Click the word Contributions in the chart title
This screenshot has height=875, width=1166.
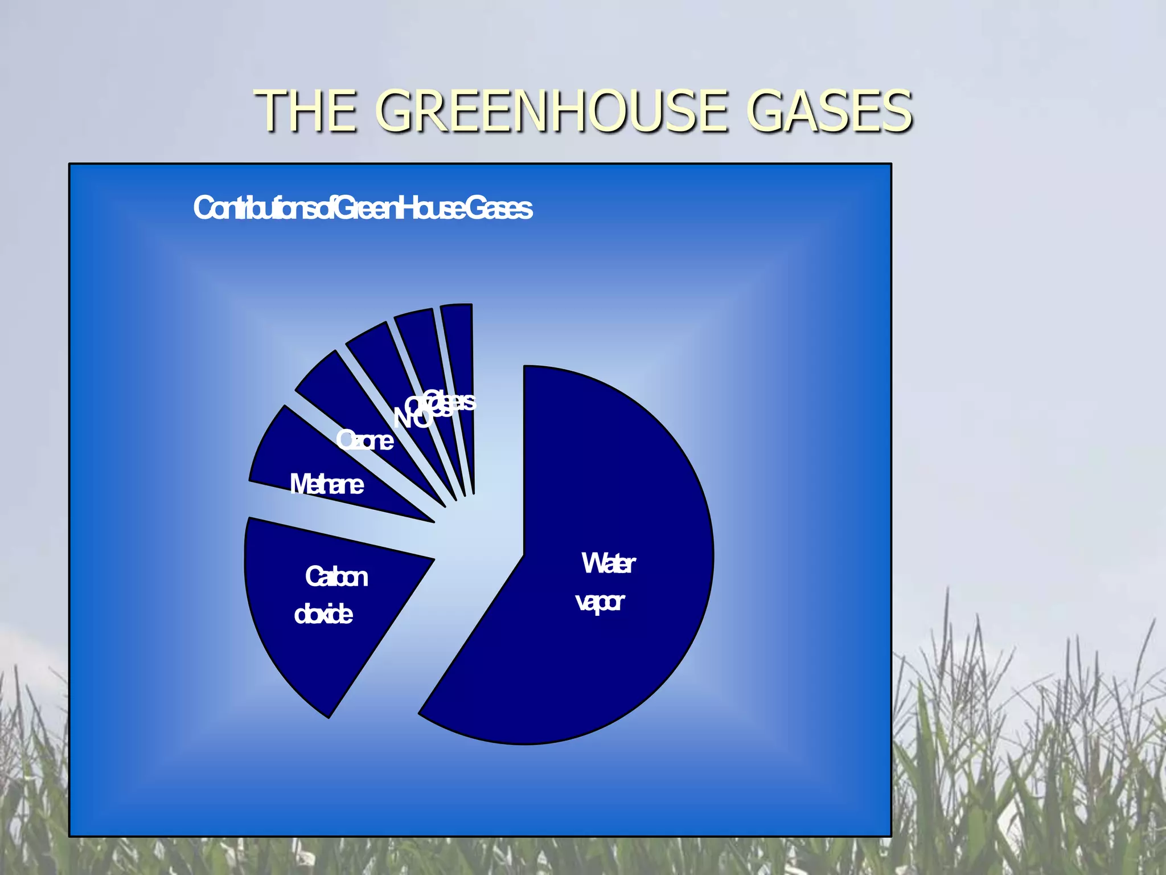tap(259, 208)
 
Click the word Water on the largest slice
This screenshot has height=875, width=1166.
tap(608, 563)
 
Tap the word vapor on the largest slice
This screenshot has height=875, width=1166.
tap(600, 602)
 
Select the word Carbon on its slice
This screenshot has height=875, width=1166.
tap(336, 576)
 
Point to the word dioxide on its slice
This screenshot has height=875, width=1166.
tap(323, 615)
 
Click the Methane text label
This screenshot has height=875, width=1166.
tap(326, 485)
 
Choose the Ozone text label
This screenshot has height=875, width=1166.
tap(364, 440)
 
